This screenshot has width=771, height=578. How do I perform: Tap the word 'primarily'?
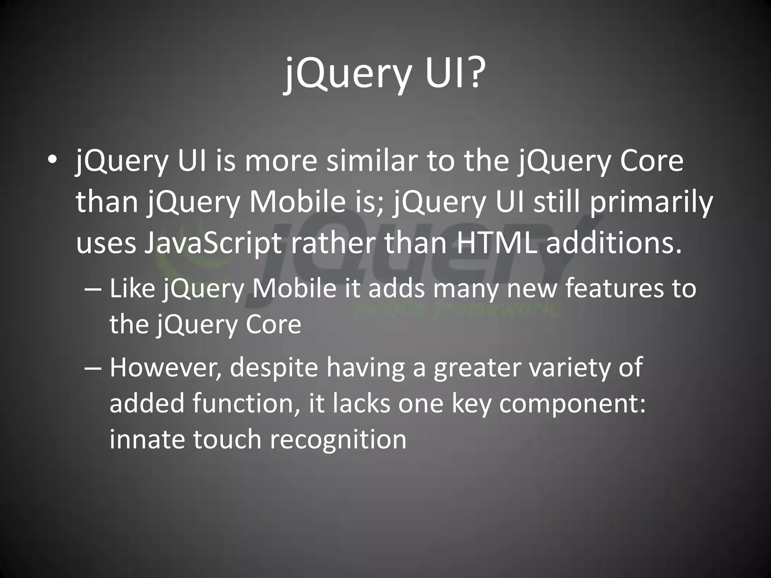pyautogui.click(x=651, y=203)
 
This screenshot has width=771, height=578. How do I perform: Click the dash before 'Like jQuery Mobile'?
pyautogui.click(x=93, y=289)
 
